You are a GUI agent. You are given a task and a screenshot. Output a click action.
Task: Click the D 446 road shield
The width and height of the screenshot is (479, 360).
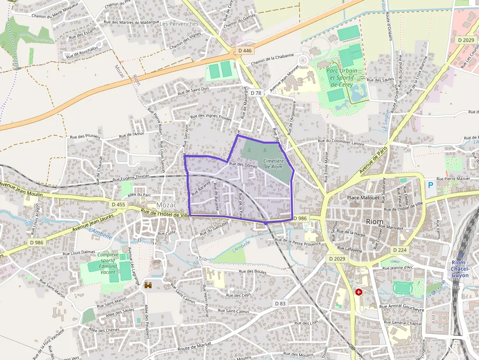[244, 50]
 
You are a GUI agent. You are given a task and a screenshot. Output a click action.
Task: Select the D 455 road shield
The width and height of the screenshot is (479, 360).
[119, 205]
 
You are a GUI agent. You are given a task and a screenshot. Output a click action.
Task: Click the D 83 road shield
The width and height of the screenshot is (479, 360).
[280, 303]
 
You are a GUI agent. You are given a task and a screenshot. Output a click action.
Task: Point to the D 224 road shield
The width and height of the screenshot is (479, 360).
[399, 250]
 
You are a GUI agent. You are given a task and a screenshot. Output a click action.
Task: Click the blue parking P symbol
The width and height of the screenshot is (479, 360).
[431, 186]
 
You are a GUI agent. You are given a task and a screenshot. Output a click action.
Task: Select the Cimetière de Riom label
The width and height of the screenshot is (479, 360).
[273, 163]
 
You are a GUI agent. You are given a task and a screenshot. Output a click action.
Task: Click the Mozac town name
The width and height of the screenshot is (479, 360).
[166, 205]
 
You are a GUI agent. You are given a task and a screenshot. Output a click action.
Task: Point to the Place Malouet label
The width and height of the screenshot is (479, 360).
[363, 197]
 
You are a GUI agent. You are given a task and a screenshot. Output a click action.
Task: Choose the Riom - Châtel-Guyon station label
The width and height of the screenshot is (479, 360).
[459, 269]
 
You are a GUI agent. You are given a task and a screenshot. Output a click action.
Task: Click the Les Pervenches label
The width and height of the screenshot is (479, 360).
[180, 23]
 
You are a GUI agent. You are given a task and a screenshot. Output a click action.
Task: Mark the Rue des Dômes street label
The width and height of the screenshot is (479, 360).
[243, 165]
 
